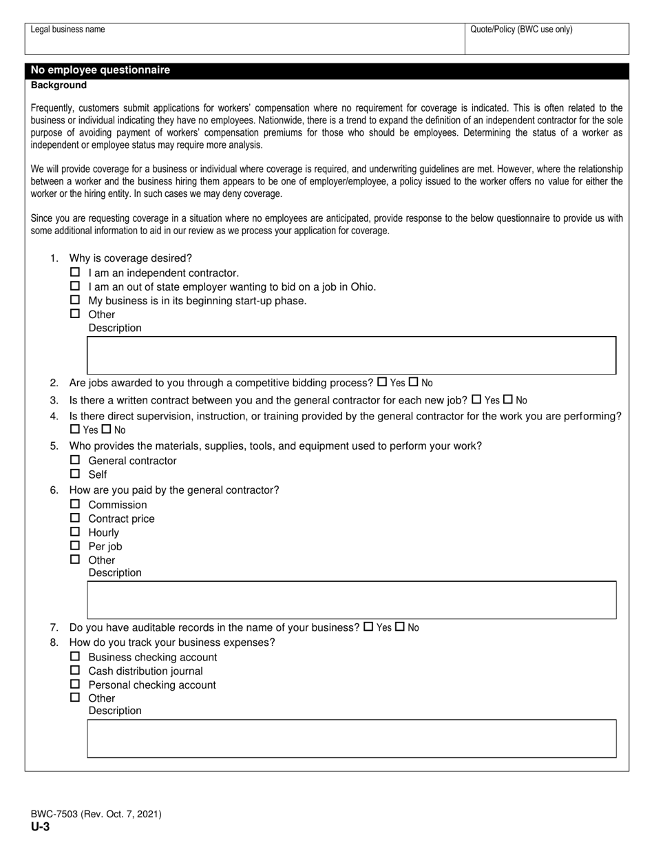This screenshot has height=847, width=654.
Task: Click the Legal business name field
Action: (244, 40)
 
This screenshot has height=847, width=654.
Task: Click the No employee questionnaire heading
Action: (101, 70)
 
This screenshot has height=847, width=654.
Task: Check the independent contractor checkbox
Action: (76, 272)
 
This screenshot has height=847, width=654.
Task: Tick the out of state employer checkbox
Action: (76, 286)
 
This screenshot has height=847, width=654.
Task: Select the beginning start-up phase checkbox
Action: (76, 300)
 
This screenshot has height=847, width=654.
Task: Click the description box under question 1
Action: (351, 355)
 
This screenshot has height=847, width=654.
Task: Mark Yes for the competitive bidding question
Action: (383, 381)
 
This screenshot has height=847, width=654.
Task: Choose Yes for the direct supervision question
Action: (76, 429)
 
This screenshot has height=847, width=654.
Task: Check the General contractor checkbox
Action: (76, 460)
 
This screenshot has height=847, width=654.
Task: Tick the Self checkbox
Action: (76, 474)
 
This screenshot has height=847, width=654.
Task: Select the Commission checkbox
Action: (76, 504)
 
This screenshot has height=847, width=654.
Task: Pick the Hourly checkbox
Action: (76, 532)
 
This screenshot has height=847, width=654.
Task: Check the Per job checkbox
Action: (76, 545)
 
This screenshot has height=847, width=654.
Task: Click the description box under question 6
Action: (351, 600)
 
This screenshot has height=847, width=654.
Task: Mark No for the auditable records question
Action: (401, 627)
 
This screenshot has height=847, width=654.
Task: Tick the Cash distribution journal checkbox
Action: (76, 670)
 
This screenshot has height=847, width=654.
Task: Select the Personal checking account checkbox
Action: (76, 684)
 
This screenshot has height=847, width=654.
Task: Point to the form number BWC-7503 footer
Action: (96, 814)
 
